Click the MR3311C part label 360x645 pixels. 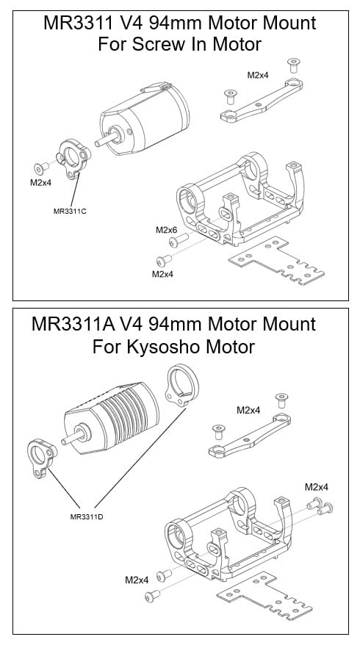71,212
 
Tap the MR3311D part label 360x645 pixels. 82,516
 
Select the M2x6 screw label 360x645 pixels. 167,230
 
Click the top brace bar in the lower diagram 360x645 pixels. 249,439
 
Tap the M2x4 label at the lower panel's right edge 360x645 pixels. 316,487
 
